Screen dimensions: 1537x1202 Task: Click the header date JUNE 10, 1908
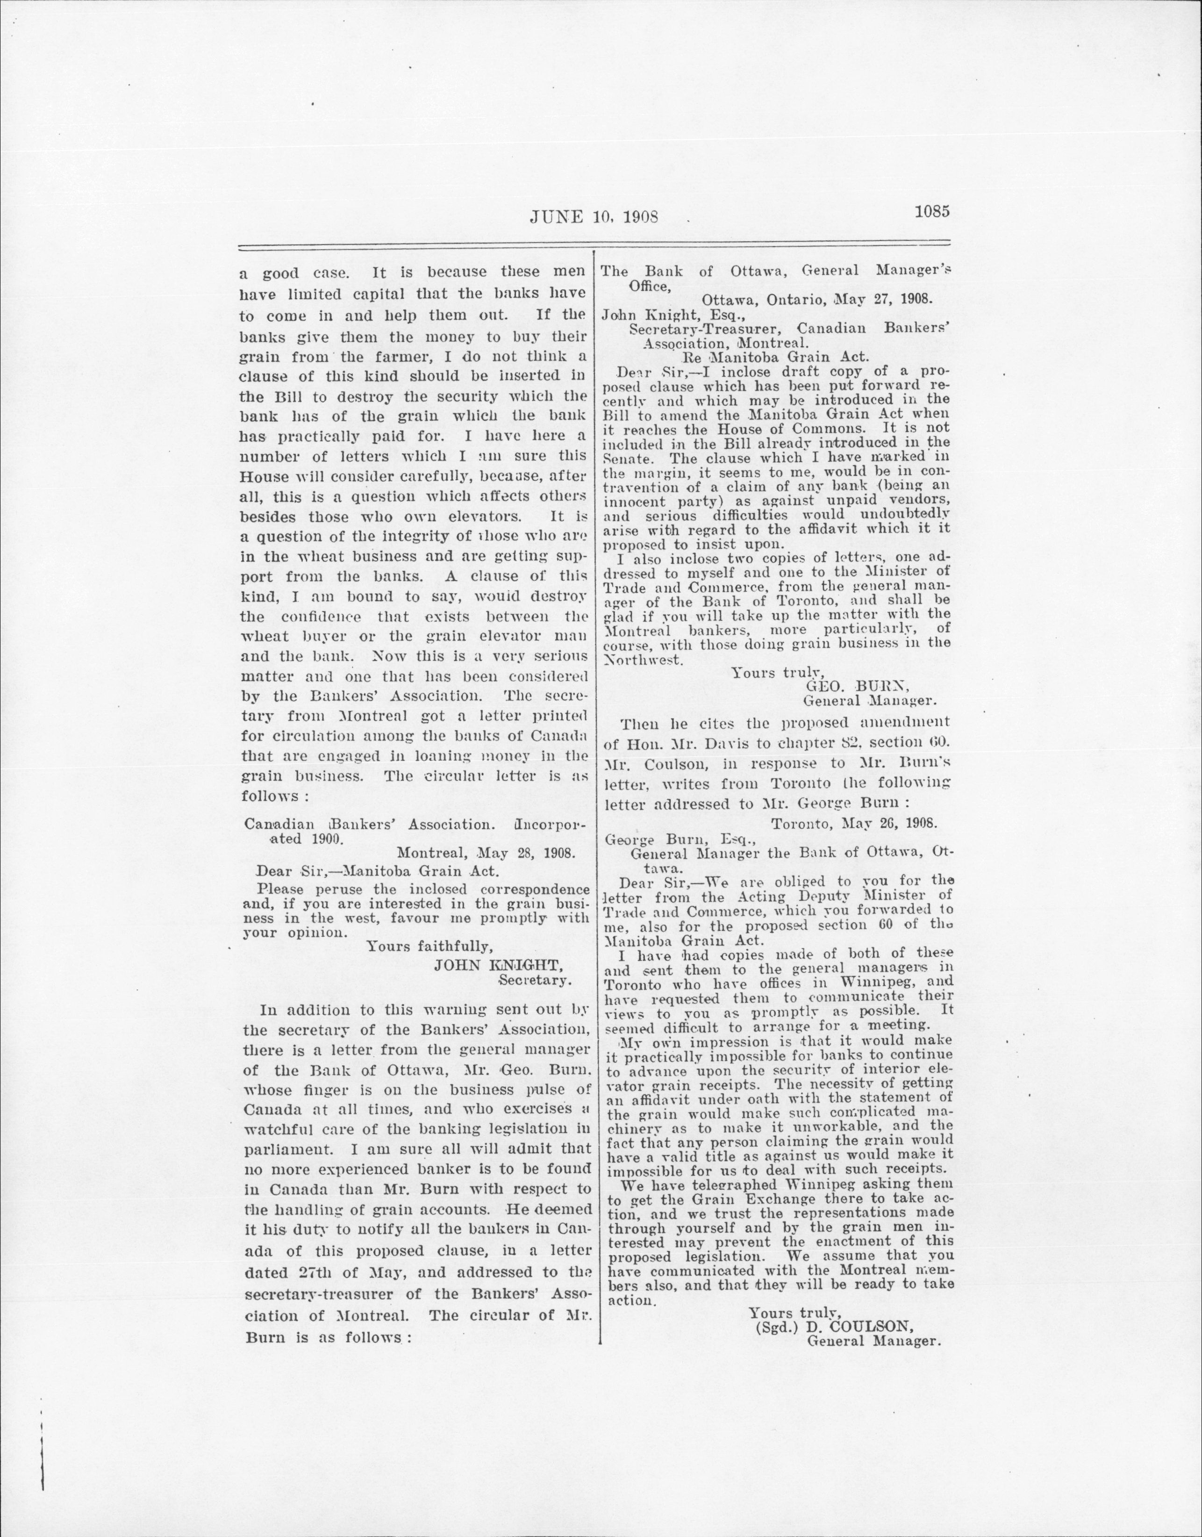click(x=593, y=217)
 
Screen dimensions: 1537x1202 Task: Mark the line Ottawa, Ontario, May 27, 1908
click(x=817, y=298)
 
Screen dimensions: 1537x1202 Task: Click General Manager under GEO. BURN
click(x=869, y=700)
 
